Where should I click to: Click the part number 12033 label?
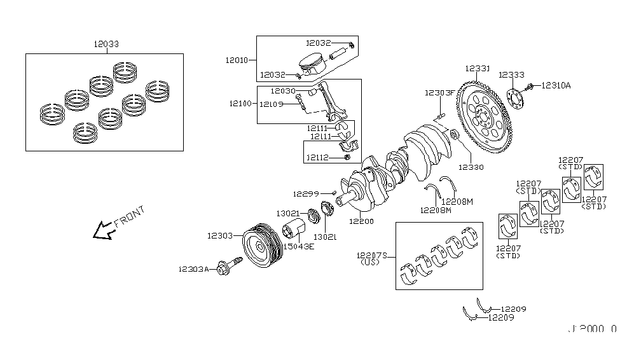pyautogui.click(x=105, y=45)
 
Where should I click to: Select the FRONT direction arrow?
pyautogui.click(x=102, y=231)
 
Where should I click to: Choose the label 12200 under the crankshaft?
pyautogui.click(x=361, y=221)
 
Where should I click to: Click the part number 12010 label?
pyautogui.click(x=237, y=60)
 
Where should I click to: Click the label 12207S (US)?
pyautogui.click(x=373, y=258)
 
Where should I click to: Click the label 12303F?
pyautogui.click(x=440, y=93)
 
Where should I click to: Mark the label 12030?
pyautogui.click(x=282, y=91)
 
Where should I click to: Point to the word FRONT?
pyautogui.click(x=130, y=217)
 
